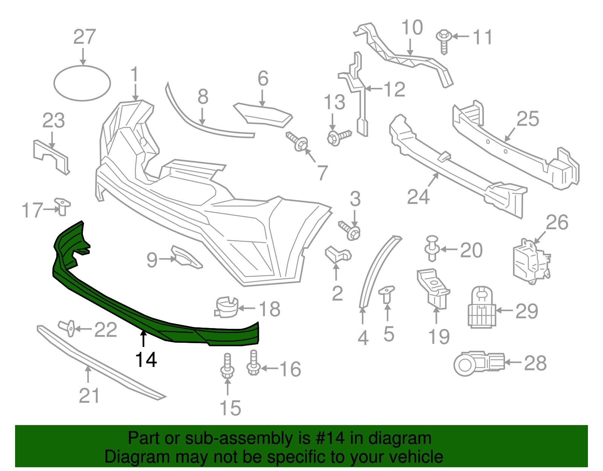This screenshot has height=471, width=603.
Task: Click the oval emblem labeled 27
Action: tap(82, 83)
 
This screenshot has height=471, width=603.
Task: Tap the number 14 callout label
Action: tap(146, 360)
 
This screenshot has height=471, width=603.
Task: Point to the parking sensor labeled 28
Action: tap(478, 363)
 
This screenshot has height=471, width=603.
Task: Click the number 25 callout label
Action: tap(528, 119)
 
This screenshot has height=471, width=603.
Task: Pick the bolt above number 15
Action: tap(228, 366)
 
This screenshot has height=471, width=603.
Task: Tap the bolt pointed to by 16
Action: tap(253, 363)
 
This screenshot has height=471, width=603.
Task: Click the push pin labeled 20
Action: tap(432, 248)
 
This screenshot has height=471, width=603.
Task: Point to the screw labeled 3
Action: tap(350, 230)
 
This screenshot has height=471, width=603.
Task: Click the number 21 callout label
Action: tap(89, 396)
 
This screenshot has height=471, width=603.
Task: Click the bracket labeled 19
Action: tap(433, 288)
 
